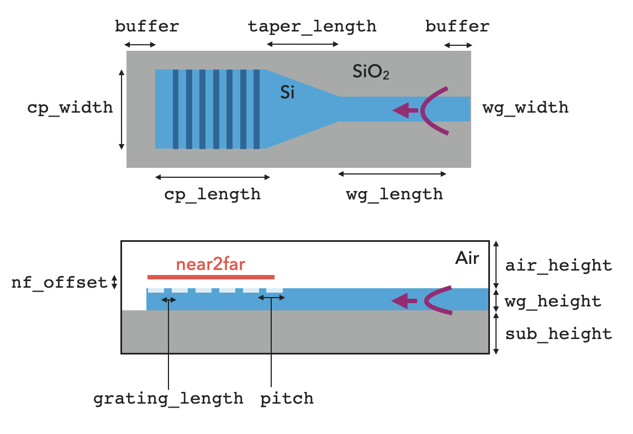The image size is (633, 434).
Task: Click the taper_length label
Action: (x=312, y=26)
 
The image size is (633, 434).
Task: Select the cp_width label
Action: (x=70, y=107)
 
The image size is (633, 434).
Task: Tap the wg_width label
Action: (x=525, y=107)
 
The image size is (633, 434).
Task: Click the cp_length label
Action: (x=212, y=194)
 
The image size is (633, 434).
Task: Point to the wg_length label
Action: (x=394, y=194)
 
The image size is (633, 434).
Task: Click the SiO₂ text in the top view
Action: (x=371, y=72)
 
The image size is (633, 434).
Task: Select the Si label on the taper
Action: (x=287, y=92)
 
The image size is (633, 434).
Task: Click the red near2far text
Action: (x=210, y=264)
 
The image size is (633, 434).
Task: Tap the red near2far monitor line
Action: (x=210, y=277)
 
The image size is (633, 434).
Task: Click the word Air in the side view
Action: (x=467, y=258)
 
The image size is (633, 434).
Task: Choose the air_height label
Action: (x=558, y=266)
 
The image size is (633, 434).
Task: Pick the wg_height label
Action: (x=553, y=301)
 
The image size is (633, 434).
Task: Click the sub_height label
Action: (x=558, y=334)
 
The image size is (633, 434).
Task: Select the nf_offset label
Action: (x=59, y=283)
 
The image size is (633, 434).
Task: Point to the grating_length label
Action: (x=168, y=398)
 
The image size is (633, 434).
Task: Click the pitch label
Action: (x=287, y=398)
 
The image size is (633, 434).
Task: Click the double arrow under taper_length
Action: (x=303, y=44)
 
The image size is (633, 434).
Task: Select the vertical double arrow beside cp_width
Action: (x=121, y=109)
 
